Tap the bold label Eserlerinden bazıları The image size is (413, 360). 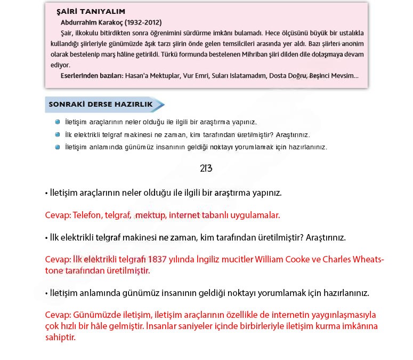[x=91, y=76]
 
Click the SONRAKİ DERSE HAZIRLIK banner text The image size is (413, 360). [x=100, y=105]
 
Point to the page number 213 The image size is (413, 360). [x=206, y=168]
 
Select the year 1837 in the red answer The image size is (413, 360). [x=159, y=260]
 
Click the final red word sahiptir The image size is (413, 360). [x=60, y=338]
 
